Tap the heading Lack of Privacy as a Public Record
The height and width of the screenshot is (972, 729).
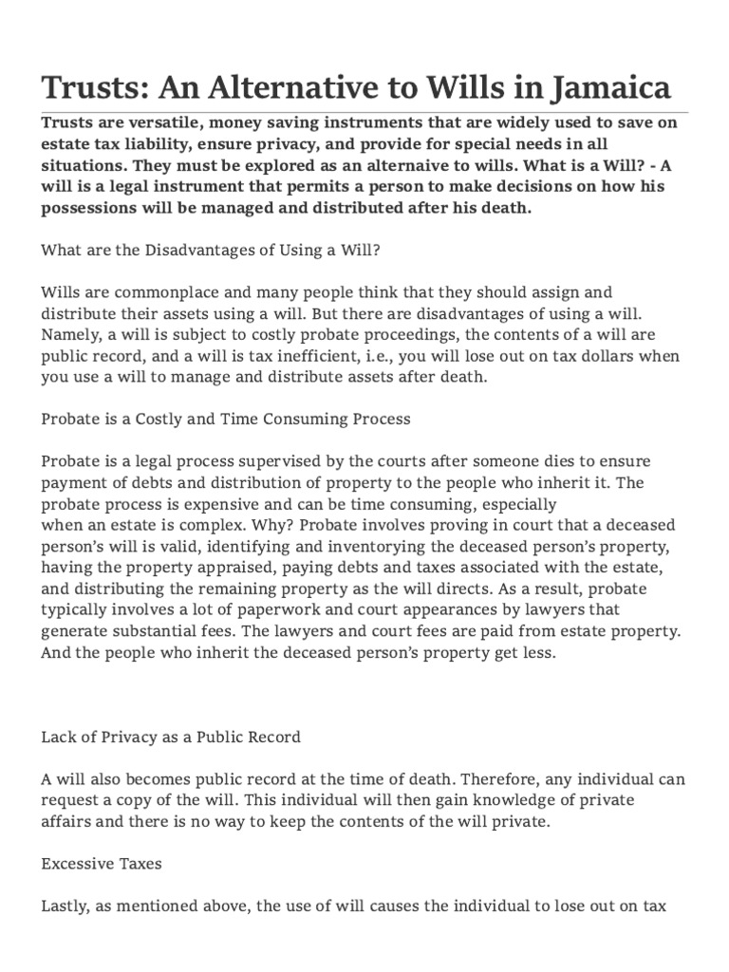[x=171, y=736]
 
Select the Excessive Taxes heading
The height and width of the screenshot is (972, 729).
[x=101, y=864]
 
